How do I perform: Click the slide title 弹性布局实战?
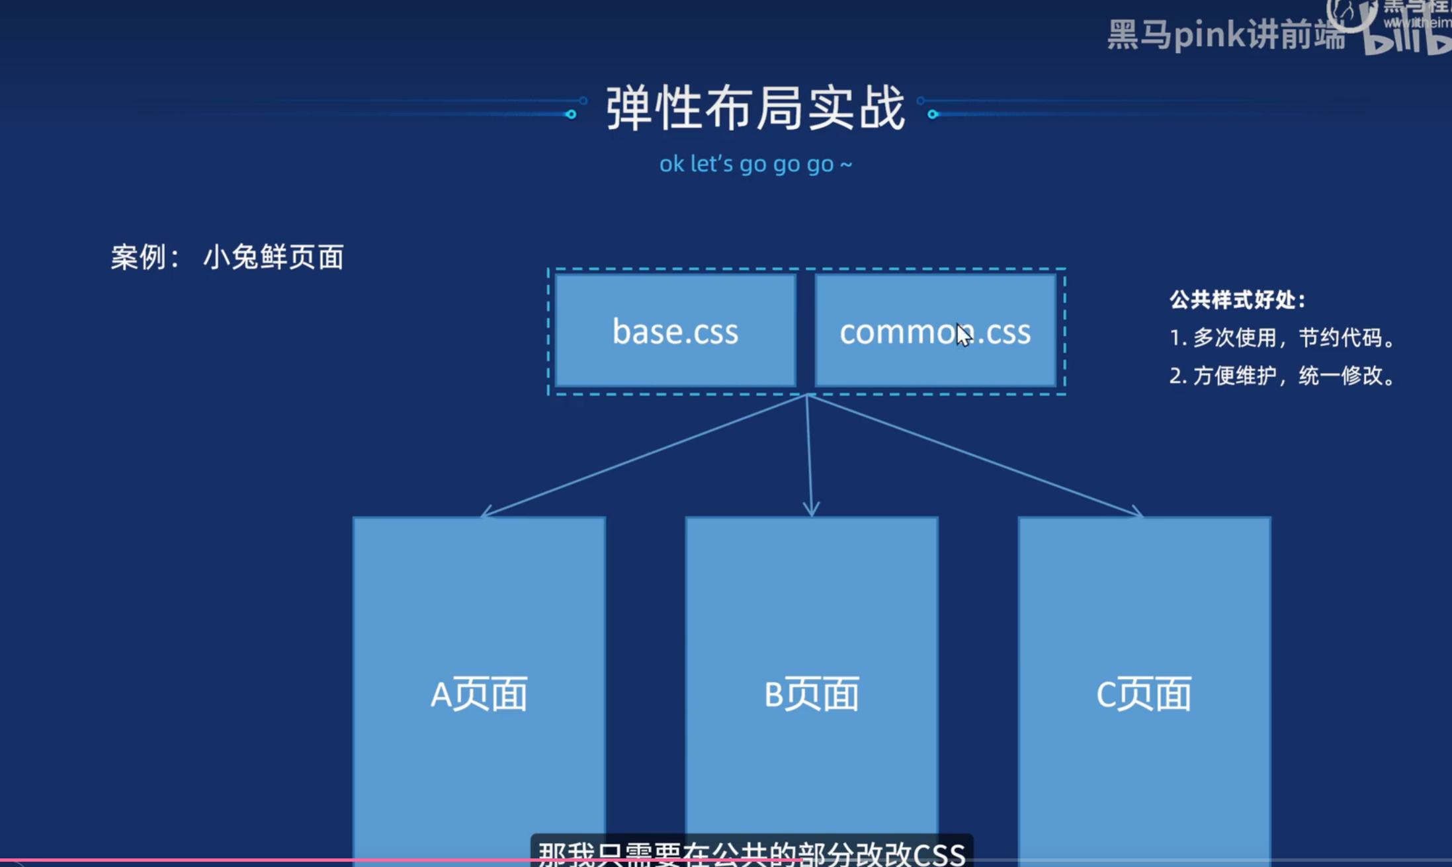point(755,108)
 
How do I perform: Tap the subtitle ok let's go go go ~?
point(755,164)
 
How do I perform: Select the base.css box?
point(675,331)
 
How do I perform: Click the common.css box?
point(935,331)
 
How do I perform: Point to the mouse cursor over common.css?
point(963,335)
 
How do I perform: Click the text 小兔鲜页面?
point(273,257)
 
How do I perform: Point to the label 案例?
point(144,257)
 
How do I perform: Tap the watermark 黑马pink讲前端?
point(1226,34)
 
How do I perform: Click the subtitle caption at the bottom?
point(751,852)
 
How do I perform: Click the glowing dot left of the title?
point(571,114)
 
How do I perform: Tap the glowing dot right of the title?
point(933,114)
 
